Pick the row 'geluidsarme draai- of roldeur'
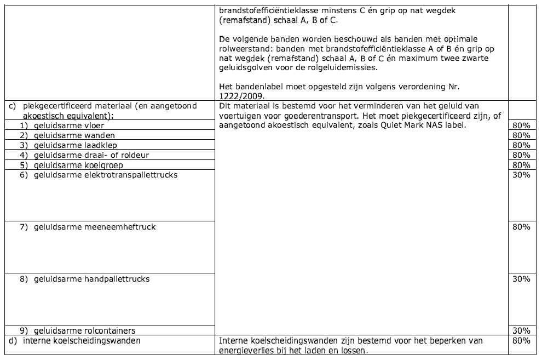(x=91, y=155)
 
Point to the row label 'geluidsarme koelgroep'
(x=78, y=165)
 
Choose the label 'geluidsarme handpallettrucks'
(x=91, y=279)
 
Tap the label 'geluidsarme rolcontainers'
(x=84, y=330)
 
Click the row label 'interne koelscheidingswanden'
(x=82, y=341)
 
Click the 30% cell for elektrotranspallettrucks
(x=522, y=175)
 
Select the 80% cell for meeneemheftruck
(x=522, y=227)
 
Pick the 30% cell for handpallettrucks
(x=522, y=279)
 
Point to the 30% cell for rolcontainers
(x=522, y=330)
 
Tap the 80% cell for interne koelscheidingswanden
(x=522, y=341)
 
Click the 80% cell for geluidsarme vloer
(x=522, y=125)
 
